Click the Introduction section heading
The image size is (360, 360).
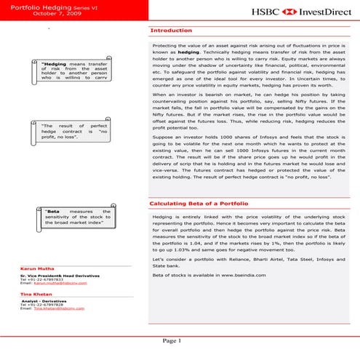170,31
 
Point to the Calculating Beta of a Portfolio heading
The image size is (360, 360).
199,203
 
